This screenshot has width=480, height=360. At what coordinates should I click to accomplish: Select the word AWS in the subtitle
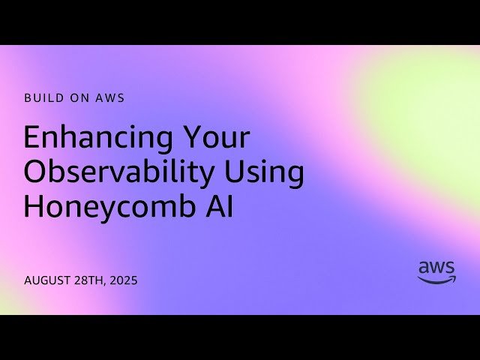point(109,97)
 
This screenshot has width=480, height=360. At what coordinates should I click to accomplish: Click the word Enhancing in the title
point(93,139)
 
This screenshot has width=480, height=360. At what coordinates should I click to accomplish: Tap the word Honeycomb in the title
point(102,207)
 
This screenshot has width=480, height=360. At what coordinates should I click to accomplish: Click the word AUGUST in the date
point(47,280)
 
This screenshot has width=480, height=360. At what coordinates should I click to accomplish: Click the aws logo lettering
point(436,268)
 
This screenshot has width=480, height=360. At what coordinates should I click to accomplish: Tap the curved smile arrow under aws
point(436,280)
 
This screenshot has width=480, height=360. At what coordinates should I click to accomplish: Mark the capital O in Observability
point(35,172)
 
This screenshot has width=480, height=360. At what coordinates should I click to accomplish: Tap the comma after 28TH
point(107,284)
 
